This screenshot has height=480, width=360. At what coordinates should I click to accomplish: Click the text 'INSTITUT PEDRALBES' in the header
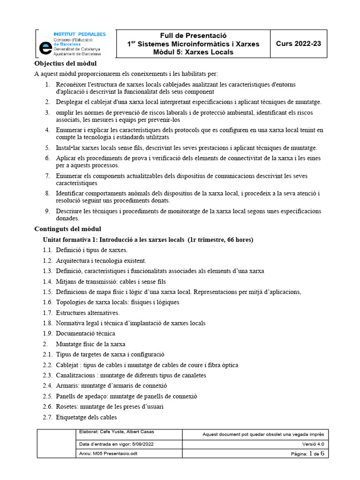pyautogui.click(x=80, y=34)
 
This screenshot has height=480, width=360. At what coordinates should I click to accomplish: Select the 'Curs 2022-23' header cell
pyautogui.click(x=298, y=44)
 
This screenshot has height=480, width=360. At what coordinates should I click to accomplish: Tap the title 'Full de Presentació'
pyautogui.click(x=193, y=36)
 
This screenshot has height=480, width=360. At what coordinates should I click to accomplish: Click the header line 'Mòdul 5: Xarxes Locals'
pyautogui.click(x=193, y=52)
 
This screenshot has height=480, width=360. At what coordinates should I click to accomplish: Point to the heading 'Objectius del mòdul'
pyautogui.click(x=66, y=64)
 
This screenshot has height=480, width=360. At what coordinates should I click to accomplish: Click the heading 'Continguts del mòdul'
pyautogui.click(x=68, y=229)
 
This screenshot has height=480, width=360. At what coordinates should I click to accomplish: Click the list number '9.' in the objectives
pyautogui.click(x=47, y=211)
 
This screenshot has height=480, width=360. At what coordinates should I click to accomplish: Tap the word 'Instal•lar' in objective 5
pyautogui.click(x=68, y=148)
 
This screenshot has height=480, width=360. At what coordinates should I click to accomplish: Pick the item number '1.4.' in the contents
pyautogui.click(x=47, y=282)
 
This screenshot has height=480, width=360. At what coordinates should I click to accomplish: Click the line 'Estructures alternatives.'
pyautogui.click(x=88, y=313)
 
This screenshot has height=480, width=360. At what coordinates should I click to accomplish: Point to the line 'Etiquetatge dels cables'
pyautogui.click(x=86, y=417)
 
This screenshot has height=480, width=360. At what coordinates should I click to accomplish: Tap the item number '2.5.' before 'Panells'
pyautogui.click(x=47, y=396)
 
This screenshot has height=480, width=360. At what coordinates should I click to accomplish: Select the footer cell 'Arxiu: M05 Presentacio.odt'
pyautogui.click(x=109, y=453)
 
